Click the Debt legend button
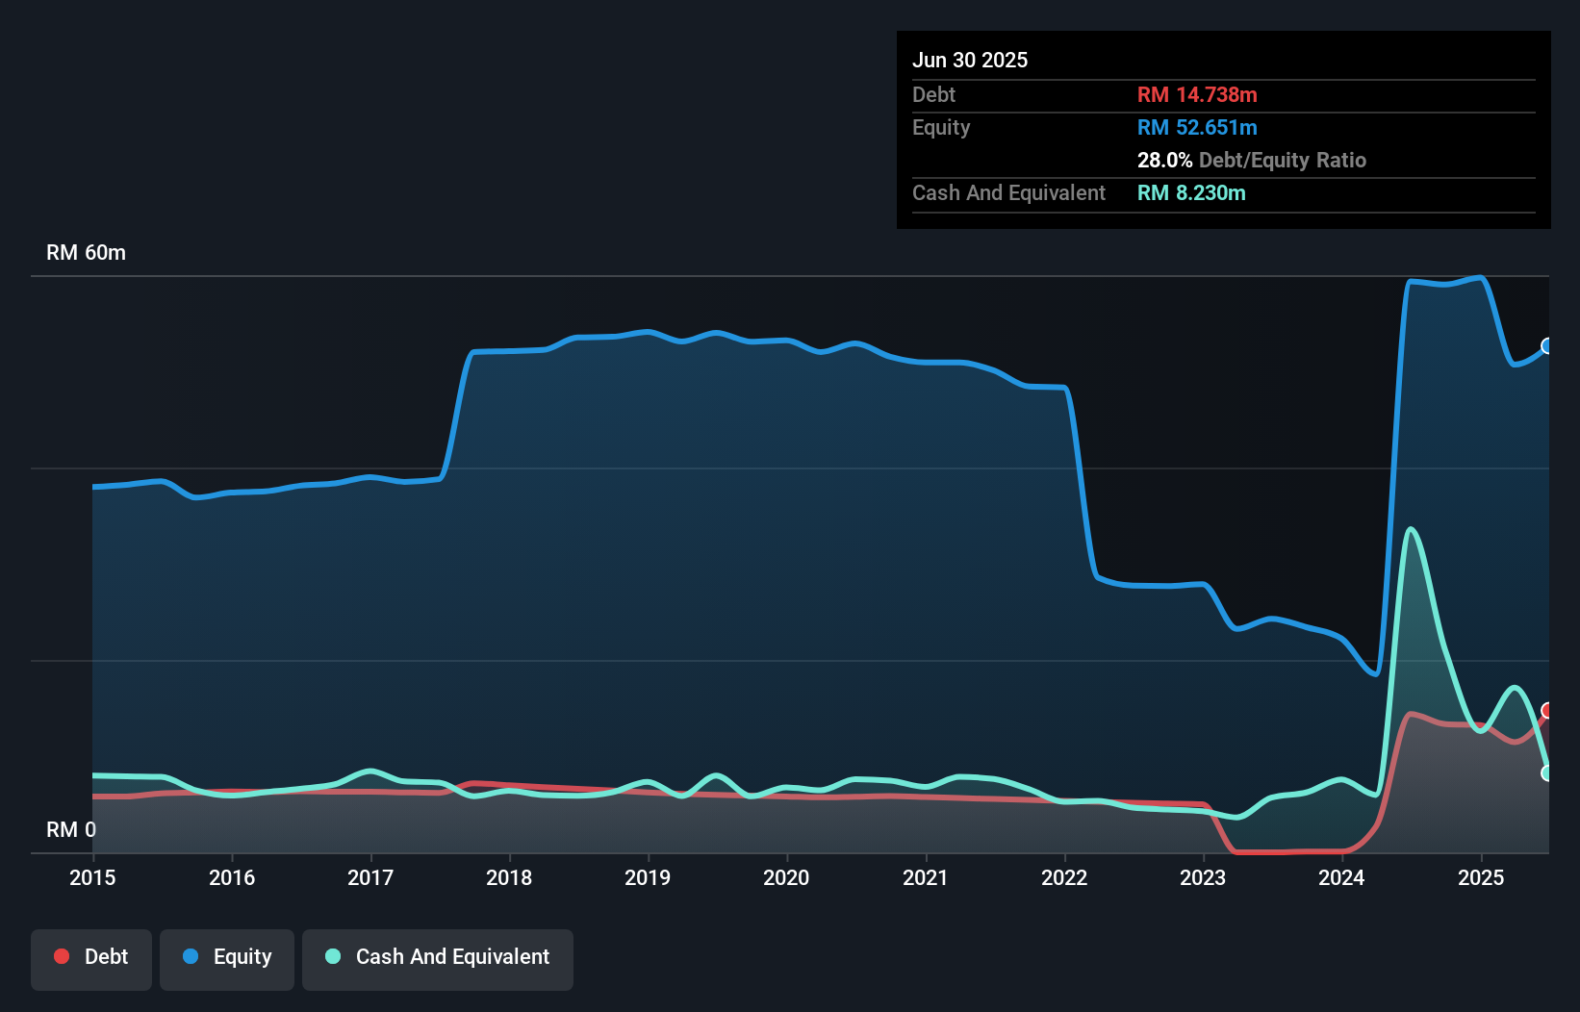tap(90, 957)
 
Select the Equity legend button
tap(227, 957)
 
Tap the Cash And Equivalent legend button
tap(438, 957)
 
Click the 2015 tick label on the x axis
tap(92, 877)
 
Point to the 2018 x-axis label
tap(509, 877)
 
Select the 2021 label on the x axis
tap(925, 877)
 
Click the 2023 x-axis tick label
tap(1203, 877)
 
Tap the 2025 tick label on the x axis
tap(1480, 877)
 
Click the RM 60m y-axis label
tap(86, 253)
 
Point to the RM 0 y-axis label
tap(71, 829)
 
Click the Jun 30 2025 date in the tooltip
tap(970, 61)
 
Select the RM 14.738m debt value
tap(1197, 95)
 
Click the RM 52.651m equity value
tap(1197, 128)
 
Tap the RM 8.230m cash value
tap(1191, 193)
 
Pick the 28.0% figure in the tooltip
tap(1164, 161)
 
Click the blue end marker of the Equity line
tap(1547, 346)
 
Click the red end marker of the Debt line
tap(1547, 711)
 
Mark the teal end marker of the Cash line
tap(1547, 773)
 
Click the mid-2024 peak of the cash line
tap(1411, 530)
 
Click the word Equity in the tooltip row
tap(941, 128)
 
